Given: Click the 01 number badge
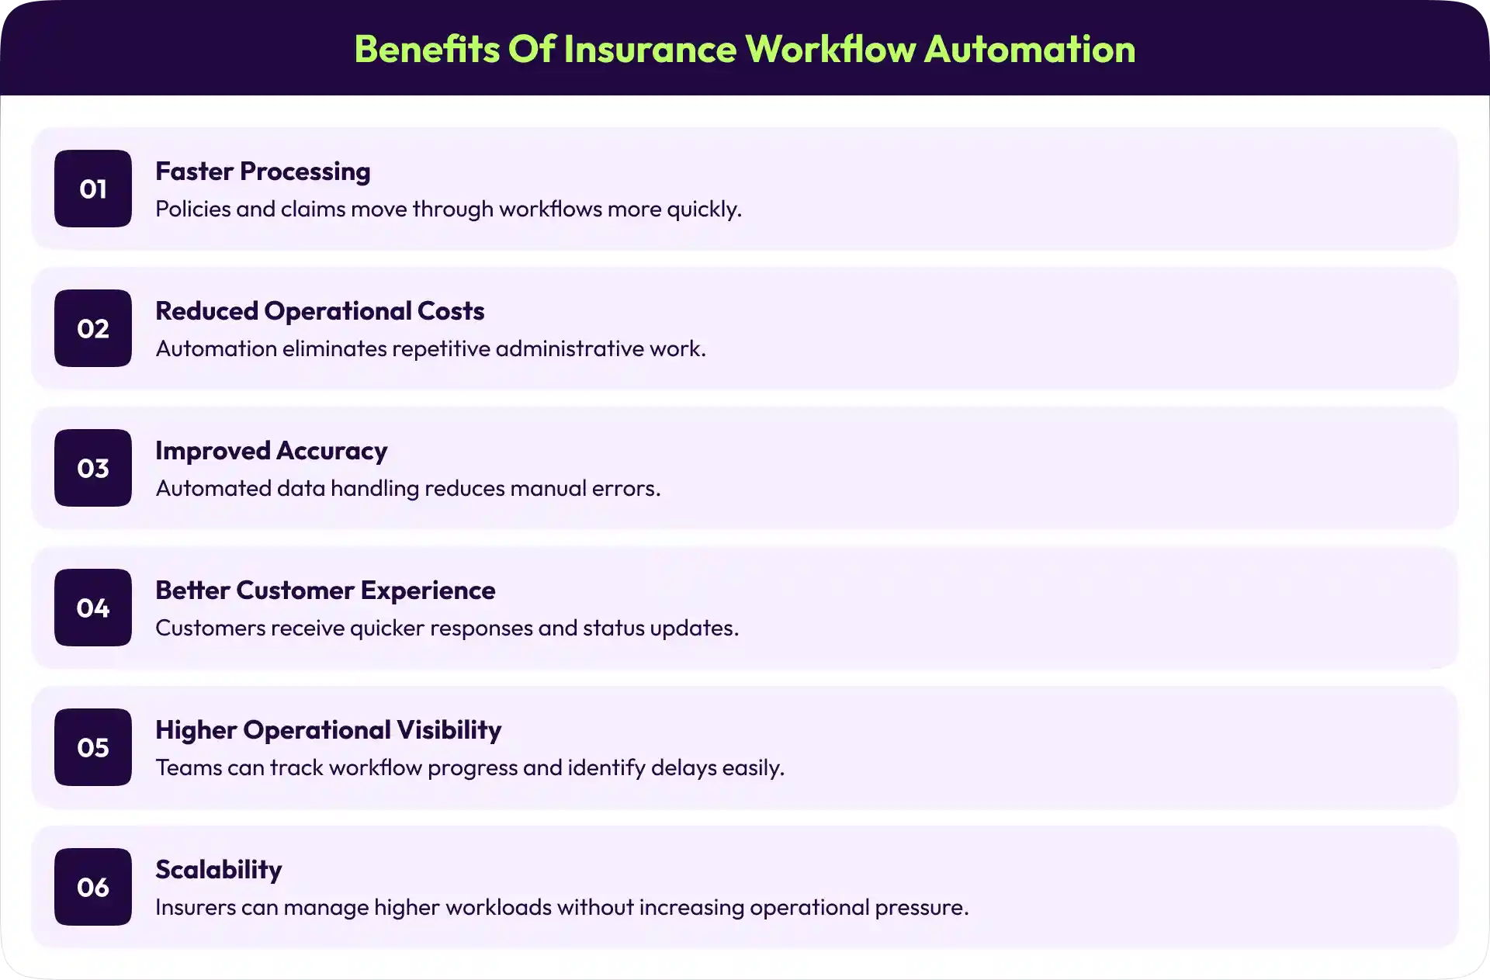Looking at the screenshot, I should pos(93,189).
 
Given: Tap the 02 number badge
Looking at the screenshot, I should pos(93,328).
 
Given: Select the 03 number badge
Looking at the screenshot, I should pos(93,468).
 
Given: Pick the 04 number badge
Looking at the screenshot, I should pos(93,608).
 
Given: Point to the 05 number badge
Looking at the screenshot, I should pos(93,747).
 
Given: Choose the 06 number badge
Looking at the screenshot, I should pos(93,887).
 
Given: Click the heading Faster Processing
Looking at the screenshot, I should pos(262,171).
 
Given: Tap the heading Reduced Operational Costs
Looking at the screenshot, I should pos(320,311).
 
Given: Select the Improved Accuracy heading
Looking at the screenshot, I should pos(271,451).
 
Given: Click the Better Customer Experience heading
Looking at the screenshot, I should pos(325,590).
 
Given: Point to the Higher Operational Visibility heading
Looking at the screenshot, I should pos(328,730).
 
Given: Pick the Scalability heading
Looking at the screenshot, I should pos(218,870).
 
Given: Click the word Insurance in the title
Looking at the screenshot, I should pos(649,49).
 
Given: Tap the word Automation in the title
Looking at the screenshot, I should pos(1030,49).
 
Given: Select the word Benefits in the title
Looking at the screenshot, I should pos(427,49).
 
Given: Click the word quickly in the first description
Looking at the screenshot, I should pos(704,210).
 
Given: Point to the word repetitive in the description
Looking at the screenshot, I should pos(440,349).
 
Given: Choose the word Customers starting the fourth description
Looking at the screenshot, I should pos(210,628).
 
